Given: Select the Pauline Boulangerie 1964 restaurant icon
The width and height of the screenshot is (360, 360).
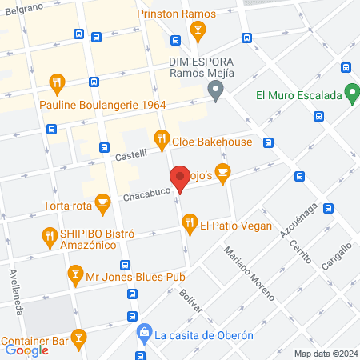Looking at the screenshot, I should (x=57, y=82).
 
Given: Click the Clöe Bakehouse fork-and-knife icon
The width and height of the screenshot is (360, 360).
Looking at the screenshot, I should (x=162, y=139).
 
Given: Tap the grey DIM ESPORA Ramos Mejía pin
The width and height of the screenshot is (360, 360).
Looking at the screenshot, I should (x=215, y=92).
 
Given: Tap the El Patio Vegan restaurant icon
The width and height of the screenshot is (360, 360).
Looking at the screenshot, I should (x=190, y=226).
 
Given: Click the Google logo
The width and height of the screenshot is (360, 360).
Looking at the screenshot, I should (x=26, y=350).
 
